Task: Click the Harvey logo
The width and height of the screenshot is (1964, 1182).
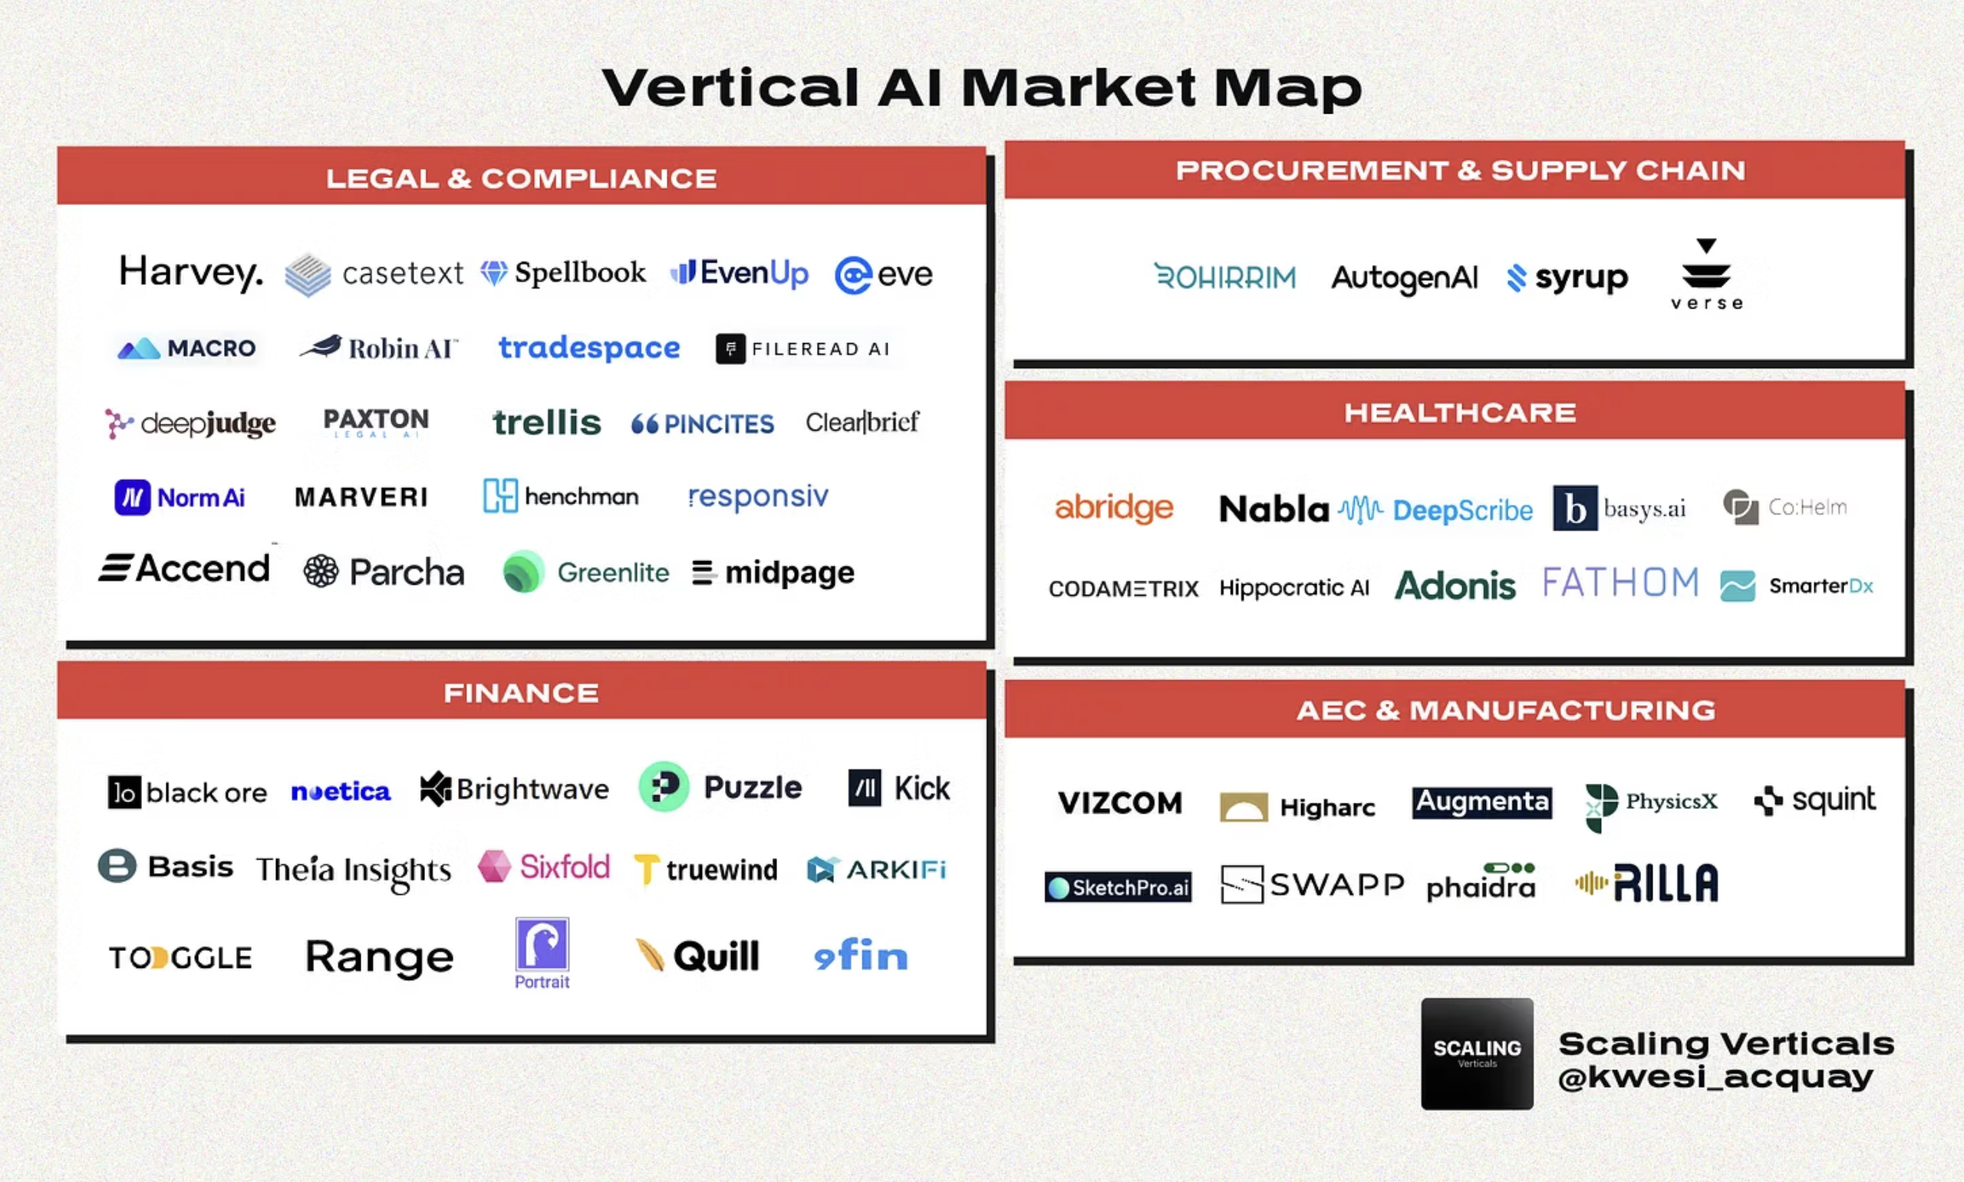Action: pyautogui.click(x=190, y=273)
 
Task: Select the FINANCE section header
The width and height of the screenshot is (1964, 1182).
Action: pyautogui.click(x=522, y=692)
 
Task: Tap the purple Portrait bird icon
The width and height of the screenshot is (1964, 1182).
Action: pyautogui.click(x=542, y=943)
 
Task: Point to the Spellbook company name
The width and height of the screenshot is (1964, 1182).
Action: pyautogui.click(x=580, y=272)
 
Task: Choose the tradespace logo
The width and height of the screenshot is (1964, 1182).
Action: pyautogui.click(x=589, y=348)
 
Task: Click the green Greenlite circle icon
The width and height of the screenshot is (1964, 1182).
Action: pyautogui.click(x=524, y=572)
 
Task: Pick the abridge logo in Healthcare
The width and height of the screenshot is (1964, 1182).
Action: pyautogui.click(x=1114, y=507)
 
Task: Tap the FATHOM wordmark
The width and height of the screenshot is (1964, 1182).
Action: pyautogui.click(x=1620, y=583)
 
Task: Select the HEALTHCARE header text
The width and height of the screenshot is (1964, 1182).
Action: pyautogui.click(x=1460, y=413)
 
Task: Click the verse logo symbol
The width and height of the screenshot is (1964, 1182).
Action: pyautogui.click(x=1706, y=265)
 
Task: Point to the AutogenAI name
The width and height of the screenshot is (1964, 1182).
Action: pyautogui.click(x=1404, y=278)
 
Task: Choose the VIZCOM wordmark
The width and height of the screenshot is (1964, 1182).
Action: pyautogui.click(x=1120, y=803)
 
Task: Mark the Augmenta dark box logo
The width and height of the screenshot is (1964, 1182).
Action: pyautogui.click(x=1482, y=802)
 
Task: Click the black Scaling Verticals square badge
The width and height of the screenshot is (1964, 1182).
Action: pyautogui.click(x=1477, y=1054)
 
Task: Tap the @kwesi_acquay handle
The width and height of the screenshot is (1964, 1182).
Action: pyautogui.click(x=1715, y=1078)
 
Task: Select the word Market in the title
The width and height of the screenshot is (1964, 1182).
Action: pyautogui.click(x=1079, y=87)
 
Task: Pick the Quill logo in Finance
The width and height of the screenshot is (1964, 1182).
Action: pyautogui.click(x=697, y=956)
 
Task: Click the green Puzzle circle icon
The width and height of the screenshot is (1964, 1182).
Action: pyautogui.click(x=664, y=787)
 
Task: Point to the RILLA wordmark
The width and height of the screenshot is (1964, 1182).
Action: pyautogui.click(x=1666, y=883)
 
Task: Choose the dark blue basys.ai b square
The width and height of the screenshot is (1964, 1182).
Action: pyautogui.click(x=1575, y=508)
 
